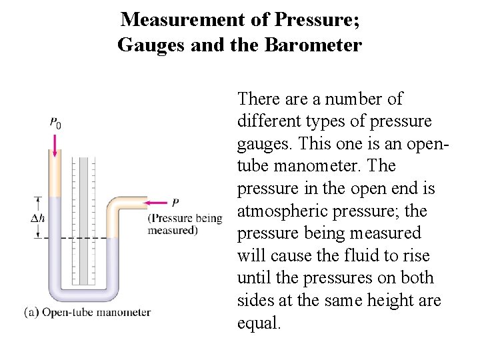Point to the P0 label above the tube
[x=55, y=123]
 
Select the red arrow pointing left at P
[x=156, y=203]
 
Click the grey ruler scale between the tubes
[x=84, y=220]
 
